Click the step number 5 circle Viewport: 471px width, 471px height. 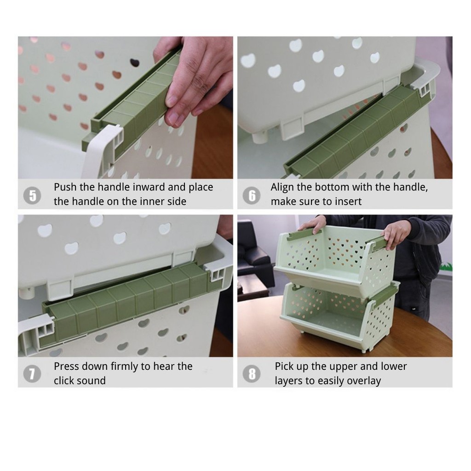[x=32, y=195]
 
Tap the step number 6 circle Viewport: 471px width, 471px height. [x=252, y=195]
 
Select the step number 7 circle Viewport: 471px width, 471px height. [x=32, y=373]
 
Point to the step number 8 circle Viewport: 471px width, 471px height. [x=252, y=373]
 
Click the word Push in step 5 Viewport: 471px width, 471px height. [x=65, y=187]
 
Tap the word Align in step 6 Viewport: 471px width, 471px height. [x=282, y=188]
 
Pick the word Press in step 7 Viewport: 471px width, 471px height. [x=66, y=367]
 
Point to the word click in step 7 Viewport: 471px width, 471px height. [x=64, y=380]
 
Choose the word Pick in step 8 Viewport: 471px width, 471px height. [x=284, y=367]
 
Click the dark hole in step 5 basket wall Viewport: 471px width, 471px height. [x=135, y=63]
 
